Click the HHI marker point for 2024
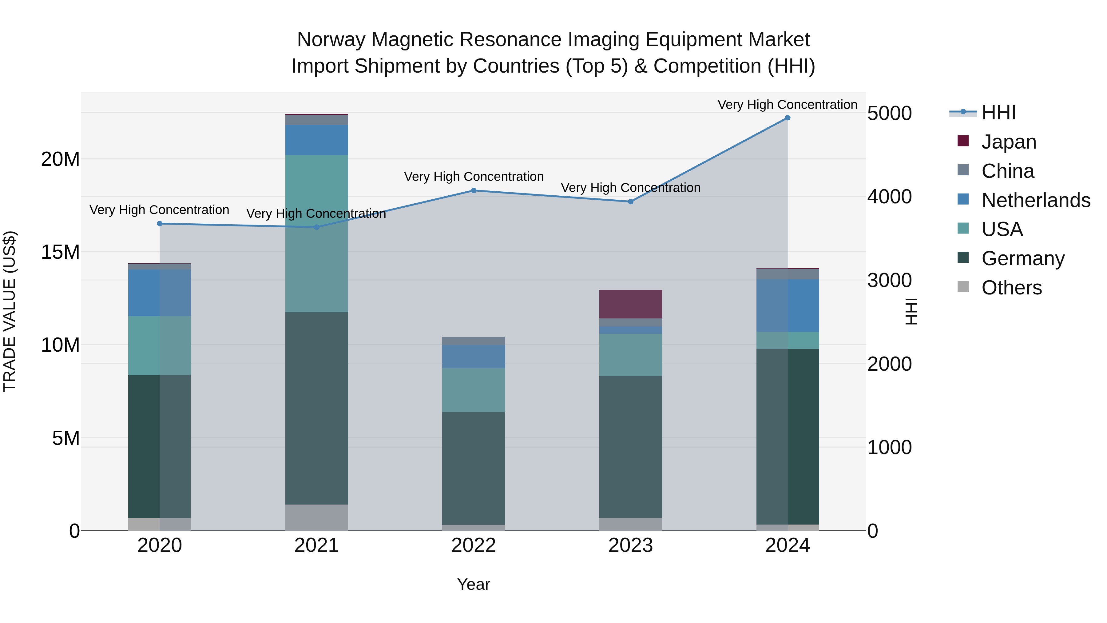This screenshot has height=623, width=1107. [787, 118]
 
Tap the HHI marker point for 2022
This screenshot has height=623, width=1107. [474, 190]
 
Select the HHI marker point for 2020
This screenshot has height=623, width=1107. [159, 224]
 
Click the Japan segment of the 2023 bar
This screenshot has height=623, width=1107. [630, 304]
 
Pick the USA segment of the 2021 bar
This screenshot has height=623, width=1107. [316, 234]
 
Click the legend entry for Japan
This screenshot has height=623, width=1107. [1008, 142]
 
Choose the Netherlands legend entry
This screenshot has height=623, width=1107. [1035, 200]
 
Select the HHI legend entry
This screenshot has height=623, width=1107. [998, 113]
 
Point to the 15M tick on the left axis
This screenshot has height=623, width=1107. [60, 252]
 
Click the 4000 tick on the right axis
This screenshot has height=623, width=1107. [889, 197]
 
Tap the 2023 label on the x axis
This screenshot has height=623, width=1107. [630, 545]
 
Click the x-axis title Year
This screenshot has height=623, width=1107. [474, 584]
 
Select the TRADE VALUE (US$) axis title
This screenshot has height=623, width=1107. [10, 311]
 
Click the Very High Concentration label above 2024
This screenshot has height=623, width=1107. [787, 105]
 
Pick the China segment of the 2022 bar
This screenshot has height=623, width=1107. [474, 341]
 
